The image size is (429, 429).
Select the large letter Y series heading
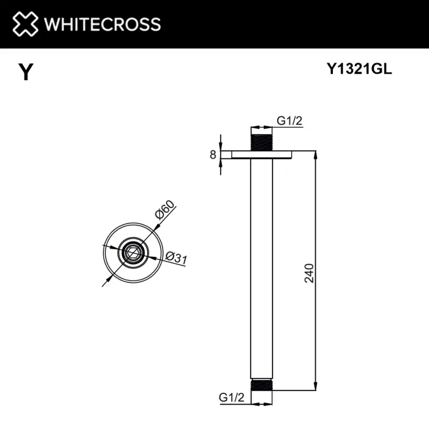click(26, 73)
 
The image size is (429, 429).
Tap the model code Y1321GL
click(359, 70)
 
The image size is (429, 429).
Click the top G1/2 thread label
click(289, 120)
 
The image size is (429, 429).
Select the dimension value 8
click(213, 155)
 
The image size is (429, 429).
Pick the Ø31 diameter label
click(176, 258)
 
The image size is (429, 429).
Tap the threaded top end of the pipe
click(263, 143)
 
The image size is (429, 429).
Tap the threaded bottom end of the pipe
click(263, 386)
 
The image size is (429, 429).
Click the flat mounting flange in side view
click(263, 155)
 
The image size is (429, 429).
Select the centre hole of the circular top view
click(132, 253)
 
